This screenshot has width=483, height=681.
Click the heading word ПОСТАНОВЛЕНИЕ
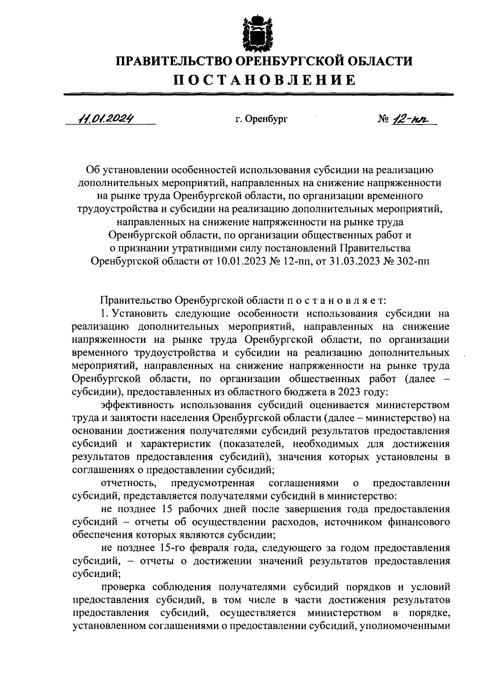click(264, 80)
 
